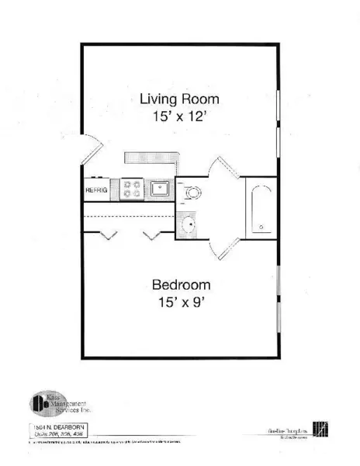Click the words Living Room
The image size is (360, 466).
point(179,99)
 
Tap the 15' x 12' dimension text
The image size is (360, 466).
point(179,118)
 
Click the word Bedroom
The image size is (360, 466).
point(180,284)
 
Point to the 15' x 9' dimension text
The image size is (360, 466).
point(180,303)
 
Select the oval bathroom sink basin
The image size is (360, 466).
point(186,227)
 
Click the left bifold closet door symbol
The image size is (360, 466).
point(108,234)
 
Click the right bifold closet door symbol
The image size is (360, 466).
point(153,234)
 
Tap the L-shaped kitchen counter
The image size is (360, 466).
point(152,158)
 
